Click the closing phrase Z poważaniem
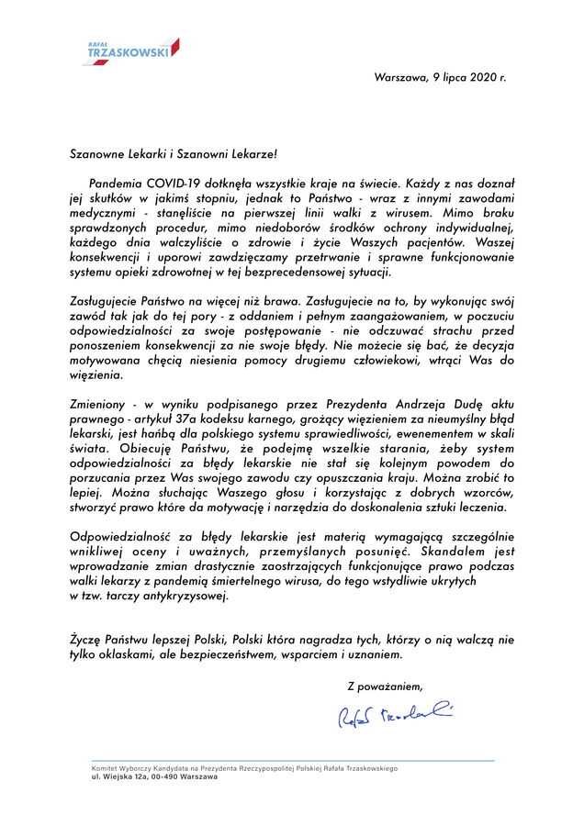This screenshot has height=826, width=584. coord(385,686)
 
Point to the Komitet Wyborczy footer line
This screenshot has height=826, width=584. coord(243,767)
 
